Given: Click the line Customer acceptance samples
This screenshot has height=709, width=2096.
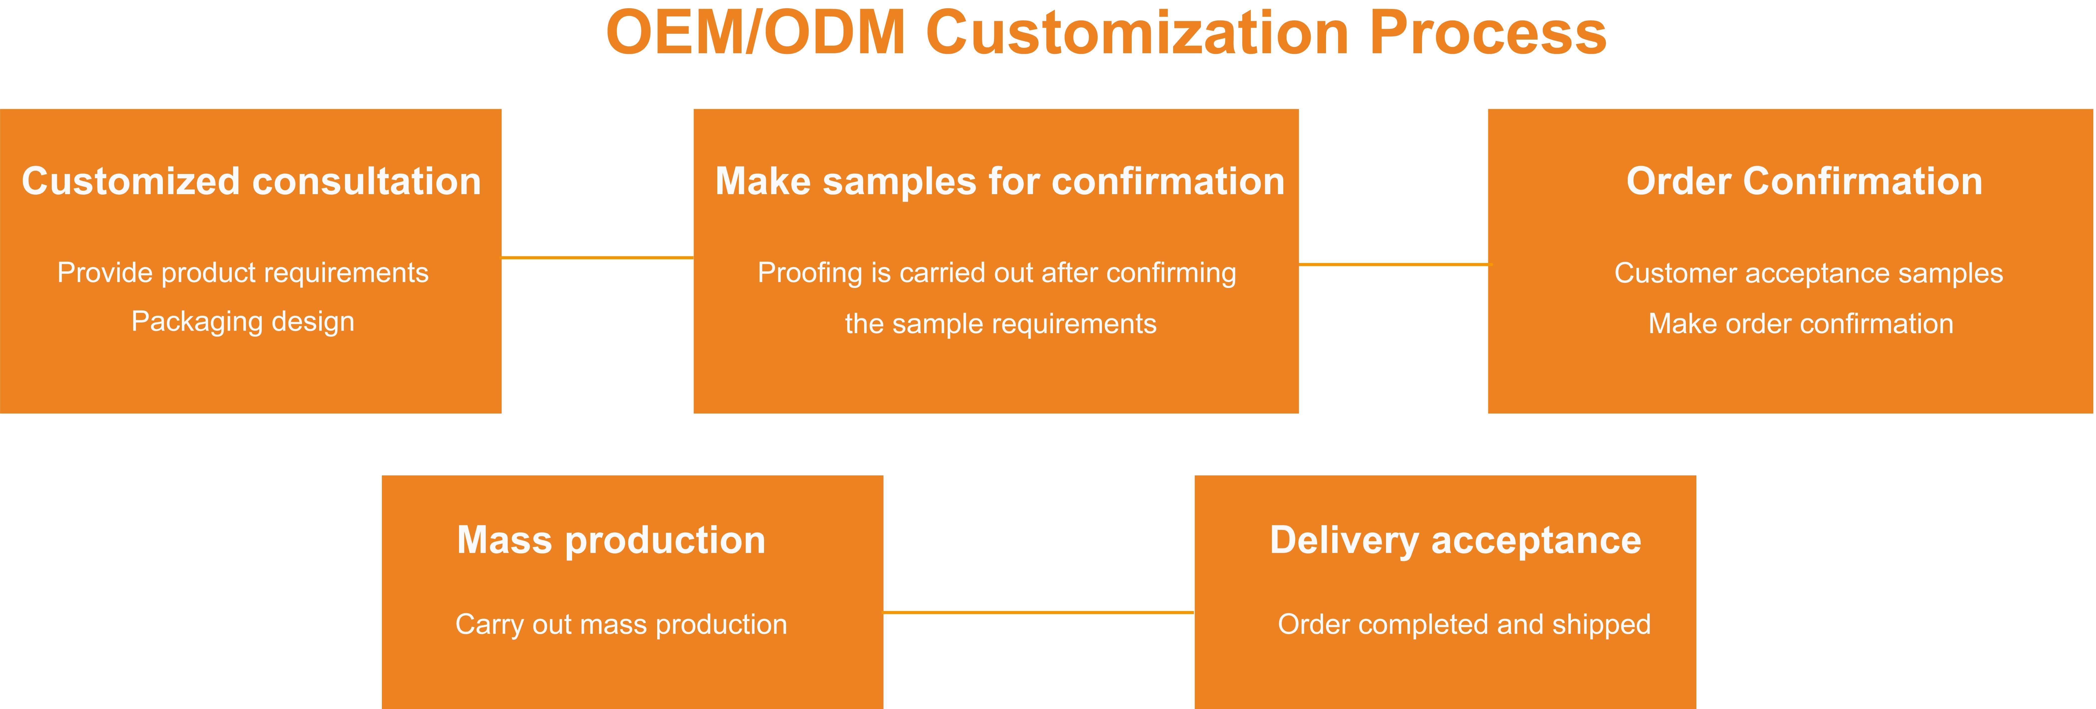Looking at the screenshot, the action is pyautogui.click(x=1808, y=273).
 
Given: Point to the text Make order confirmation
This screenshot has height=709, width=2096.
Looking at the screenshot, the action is pyautogui.click(x=1801, y=324).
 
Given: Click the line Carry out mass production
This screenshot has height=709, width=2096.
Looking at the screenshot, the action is pyautogui.click(x=621, y=624).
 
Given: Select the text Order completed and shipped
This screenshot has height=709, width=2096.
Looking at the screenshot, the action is pyautogui.click(x=1464, y=624).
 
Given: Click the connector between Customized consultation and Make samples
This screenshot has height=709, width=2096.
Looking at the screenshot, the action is pyautogui.click(x=597, y=258).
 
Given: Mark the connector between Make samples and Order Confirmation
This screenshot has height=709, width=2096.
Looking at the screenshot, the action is pyautogui.click(x=1393, y=264).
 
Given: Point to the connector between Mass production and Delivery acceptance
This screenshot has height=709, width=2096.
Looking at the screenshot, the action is pyautogui.click(x=1038, y=612).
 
